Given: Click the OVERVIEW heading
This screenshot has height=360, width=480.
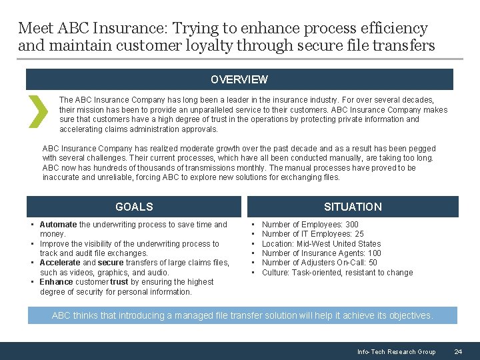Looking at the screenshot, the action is (x=239, y=79).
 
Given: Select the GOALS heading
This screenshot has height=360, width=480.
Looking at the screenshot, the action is (x=134, y=207).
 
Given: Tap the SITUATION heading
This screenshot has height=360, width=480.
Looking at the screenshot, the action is (x=353, y=207).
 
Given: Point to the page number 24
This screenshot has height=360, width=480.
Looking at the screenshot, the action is (x=458, y=351).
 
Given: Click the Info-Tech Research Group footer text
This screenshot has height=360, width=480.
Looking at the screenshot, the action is (x=396, y=351).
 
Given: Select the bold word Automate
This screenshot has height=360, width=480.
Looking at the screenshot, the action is (x=59, y=225).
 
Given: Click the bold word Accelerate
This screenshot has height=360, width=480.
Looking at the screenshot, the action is (x=60, y=263).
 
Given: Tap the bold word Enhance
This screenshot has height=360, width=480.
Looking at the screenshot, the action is (x=56, y=282).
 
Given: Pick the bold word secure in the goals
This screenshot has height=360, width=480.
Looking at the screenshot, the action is (x=111, y=263).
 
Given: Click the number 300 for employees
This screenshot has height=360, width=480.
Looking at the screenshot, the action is (x=351, y=225).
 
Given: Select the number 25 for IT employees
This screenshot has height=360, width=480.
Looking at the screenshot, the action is (x=359, y=234).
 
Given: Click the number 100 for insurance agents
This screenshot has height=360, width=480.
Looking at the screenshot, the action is (x=374, y=253).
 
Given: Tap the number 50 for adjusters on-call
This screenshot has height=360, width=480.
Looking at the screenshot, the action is (x=373, y=263).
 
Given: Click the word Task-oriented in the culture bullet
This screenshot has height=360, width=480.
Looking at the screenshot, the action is (x=313, y=272).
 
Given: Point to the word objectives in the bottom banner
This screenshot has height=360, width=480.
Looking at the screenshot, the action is (x=409, y=315).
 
